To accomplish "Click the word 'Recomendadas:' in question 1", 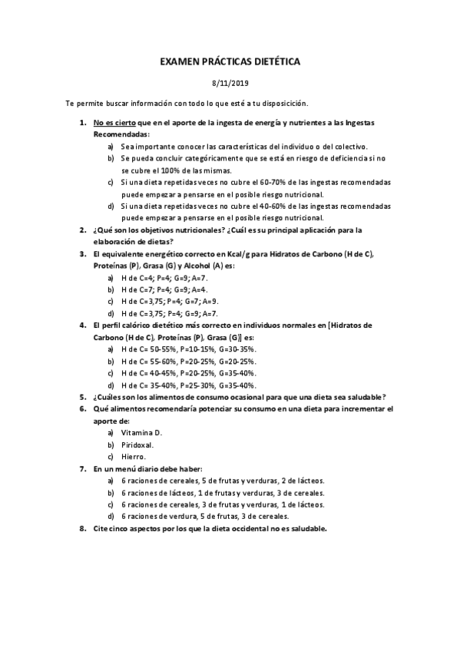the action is click(x=122, y=134).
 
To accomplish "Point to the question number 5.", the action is click(x=83, y=397).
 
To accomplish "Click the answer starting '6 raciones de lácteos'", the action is click(x=223, y=493).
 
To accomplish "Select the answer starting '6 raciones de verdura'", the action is click(x=204, y=517).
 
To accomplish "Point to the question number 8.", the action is click(x=83, y=528).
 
